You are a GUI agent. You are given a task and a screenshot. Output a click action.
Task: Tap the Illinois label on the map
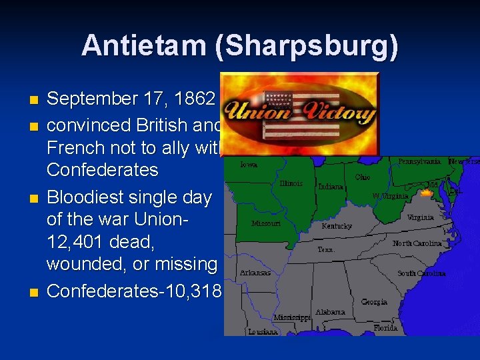coord(291,183)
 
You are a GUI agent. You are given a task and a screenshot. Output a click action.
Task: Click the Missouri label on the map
coord(265,224)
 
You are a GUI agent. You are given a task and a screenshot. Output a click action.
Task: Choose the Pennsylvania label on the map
coord(419,161)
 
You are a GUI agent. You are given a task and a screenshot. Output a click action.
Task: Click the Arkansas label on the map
coord(256,273)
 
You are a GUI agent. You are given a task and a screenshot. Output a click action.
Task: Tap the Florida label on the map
coord(386,329)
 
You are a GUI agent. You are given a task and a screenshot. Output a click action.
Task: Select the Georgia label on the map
coord(374,301)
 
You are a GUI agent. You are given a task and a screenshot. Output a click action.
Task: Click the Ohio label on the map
coord(363,177)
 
